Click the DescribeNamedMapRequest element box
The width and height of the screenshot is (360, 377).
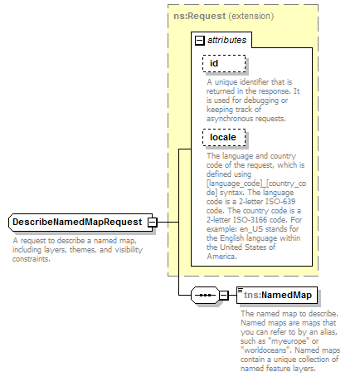pos(77,223)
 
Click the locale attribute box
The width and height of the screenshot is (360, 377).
pos(223,137)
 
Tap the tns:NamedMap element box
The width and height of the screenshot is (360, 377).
pos(276,295)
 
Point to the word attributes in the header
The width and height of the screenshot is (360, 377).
pos(226,40)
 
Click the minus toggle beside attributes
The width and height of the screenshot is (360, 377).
pos(199,40)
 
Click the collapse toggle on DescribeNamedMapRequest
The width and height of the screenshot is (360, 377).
pos(152,223)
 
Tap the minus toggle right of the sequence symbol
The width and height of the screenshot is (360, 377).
pos(223,295)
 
